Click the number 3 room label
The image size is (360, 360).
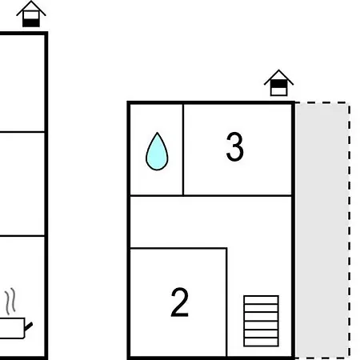pos(234,146)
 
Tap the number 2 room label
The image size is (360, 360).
pos(180,302)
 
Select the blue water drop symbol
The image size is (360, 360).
pos(157,151)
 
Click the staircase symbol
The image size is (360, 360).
pos(262,321)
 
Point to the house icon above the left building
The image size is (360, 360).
pos(31,14)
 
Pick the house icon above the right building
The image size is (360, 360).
pos(278,82)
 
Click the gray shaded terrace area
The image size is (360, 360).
pos(322,230)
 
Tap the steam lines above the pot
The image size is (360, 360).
pos(10,302)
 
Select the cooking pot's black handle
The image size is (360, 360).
pos(29,326)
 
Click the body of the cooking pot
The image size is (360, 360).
pos(12,328)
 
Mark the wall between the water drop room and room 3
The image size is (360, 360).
pos(183,150)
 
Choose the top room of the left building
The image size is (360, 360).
pos(22,83)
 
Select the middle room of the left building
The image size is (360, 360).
pos(22,184)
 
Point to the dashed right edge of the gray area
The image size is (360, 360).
pos(349,230)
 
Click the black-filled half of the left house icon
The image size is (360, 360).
pos(31,23)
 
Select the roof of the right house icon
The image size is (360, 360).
pos(278,77)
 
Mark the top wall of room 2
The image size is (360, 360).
pos(178,248)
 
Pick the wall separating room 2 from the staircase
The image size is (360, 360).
pos(226,302)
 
